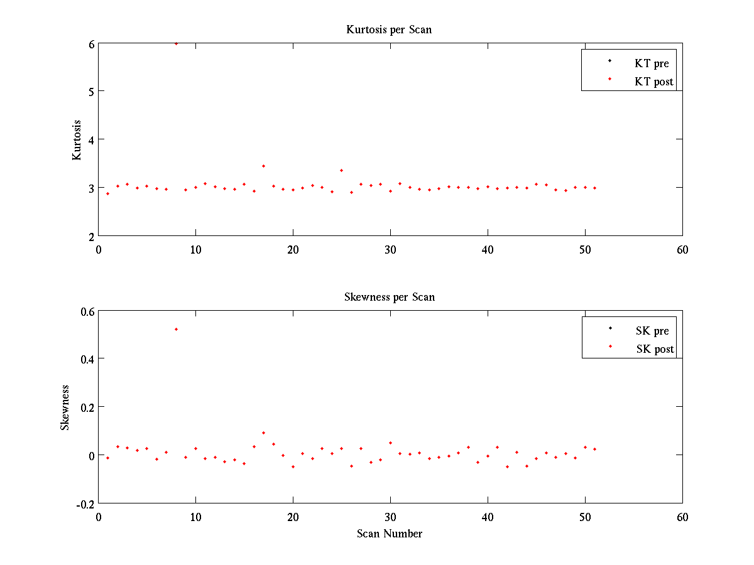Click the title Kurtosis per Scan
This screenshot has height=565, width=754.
(389, 30)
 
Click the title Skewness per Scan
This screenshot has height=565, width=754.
(389, 297)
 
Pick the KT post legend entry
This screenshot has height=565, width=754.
(653, 82)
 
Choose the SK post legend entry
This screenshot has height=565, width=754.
(654, 349)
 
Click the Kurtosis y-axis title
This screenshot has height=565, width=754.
(77, 139)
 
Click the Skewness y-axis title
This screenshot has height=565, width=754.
(65, 407)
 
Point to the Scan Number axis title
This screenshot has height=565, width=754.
(390, 534)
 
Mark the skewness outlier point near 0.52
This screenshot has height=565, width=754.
(176, 329)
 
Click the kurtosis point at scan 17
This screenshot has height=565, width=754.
(263, 166)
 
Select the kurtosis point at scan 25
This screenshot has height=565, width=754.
(341, 170)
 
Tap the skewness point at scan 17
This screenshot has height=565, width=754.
(263, 433)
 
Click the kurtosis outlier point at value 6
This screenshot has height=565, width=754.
(176, 43)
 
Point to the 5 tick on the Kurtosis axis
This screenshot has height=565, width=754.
(91, 91)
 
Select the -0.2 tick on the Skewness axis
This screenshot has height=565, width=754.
(85, 503)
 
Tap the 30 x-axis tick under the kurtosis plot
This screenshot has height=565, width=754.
(390, 249)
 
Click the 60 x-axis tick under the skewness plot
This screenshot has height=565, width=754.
(682, 517)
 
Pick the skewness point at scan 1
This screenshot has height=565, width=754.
(107, 458)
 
